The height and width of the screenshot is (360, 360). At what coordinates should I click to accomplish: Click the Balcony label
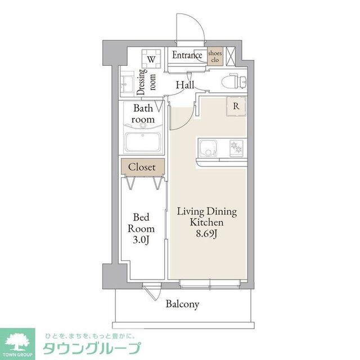[182, 304]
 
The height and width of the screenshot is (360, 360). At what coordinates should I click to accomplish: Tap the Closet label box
[142, 166]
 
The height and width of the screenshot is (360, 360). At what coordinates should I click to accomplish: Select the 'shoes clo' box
[215, 56]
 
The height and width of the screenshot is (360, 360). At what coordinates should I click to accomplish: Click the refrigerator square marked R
[236, 106]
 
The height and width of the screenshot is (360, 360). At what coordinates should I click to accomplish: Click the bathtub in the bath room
[143, 142]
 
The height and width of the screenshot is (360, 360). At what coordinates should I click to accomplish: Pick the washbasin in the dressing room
[127, 85]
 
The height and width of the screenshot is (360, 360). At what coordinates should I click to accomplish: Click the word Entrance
[187, 55]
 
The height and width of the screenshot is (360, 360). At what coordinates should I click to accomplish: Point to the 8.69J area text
[206, 233]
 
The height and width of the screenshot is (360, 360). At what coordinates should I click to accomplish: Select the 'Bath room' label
[143, 114]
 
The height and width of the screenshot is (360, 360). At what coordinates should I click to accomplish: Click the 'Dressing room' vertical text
[142, 79]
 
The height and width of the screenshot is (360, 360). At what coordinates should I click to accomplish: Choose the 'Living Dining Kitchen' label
[206, 217]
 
